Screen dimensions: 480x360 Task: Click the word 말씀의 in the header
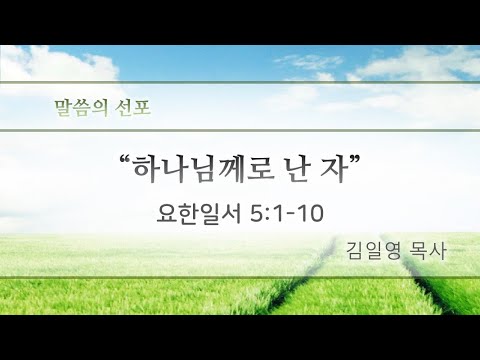pyautogui.click(x=81, y=107)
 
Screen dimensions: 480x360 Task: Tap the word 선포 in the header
pyautogui.click(x=133, y=107)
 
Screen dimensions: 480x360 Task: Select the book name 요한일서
pyautogui.click(x=199, y=214)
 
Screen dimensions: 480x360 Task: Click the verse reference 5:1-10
pyautogui.click(x=287, y=214)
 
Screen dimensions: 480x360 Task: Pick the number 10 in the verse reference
pyautogui.click(x=311, y=214)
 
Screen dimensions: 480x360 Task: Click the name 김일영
pyautogui.click(x=373, y=251)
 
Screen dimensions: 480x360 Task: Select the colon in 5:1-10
pyautogui.click(x=267, y=215)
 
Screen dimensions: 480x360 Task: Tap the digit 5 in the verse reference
pyautogui.click(x=256, y=214)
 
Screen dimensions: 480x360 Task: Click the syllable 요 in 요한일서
pyautogui.click(x=167, y=214)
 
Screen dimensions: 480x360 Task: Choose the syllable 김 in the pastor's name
pyautogui.click(x=355, y=251)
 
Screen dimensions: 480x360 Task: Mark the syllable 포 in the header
pyautogui.click(x=142, y=107)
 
